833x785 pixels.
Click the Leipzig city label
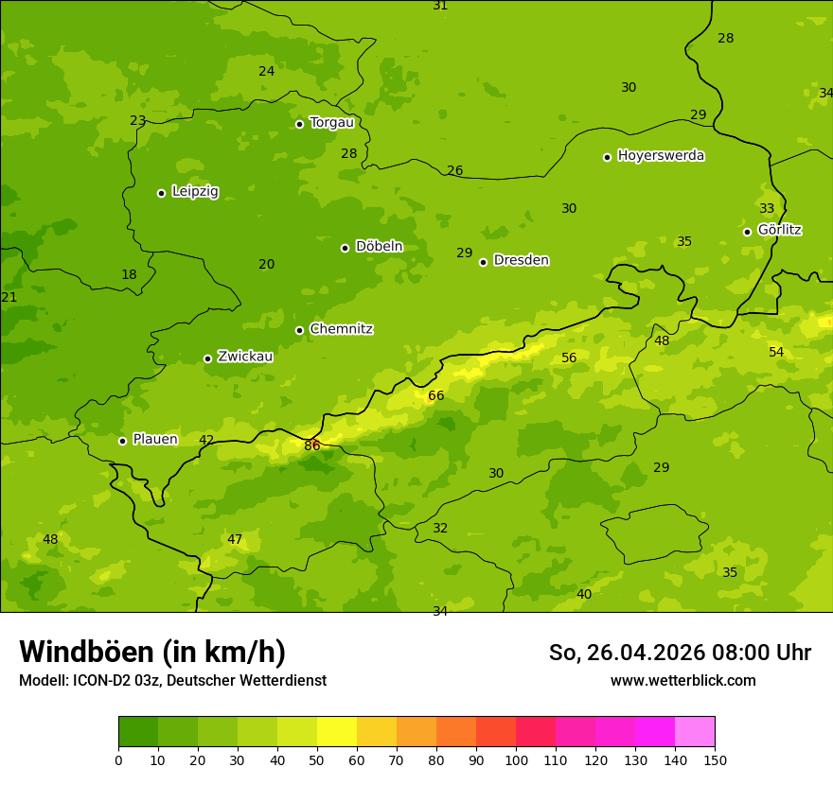pos(195,192)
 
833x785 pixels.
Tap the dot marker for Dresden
pos(483,262)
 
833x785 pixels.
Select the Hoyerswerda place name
pos(661,156)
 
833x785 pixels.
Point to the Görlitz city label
pos(779,230)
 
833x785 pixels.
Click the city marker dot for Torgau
pos(299,124)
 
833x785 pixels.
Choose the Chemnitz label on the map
pos(341,329)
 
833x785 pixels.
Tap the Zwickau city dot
pos(207,358)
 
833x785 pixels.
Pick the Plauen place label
pos(155,439)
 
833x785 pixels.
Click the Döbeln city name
pos(379,247)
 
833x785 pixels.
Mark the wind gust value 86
pos(312,445)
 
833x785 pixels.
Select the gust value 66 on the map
pos(435,396)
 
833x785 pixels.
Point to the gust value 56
pos(569,358)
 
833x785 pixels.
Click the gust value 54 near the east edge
pos(776,353)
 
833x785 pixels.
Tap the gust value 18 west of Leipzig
pos(129,275)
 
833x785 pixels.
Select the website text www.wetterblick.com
pos(682,681)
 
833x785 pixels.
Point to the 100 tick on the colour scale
pos(516,759)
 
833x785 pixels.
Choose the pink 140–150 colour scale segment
pos(695,732)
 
